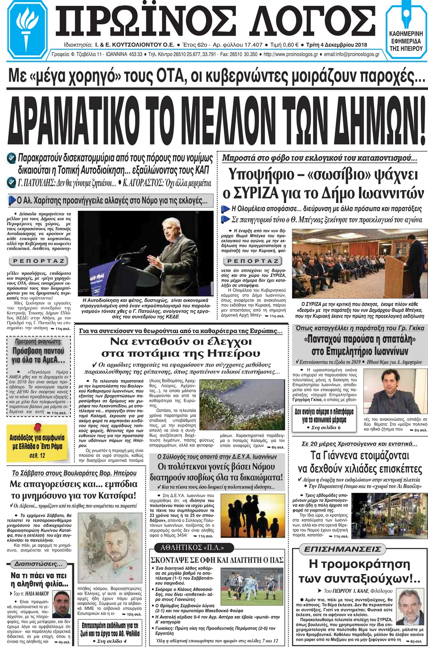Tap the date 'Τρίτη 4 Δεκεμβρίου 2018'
tap(337, 45)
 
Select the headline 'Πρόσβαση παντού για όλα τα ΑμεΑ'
tap(38, 355)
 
